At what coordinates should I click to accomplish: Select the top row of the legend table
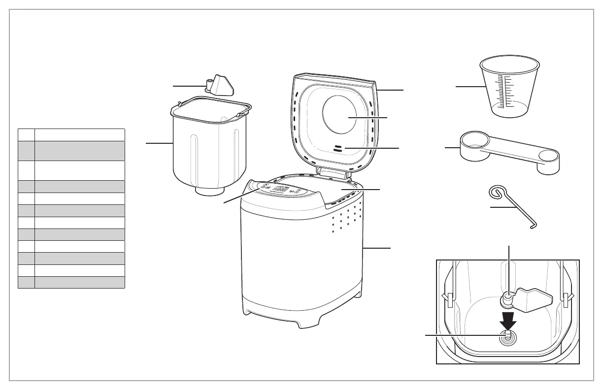click(x=71, y=135)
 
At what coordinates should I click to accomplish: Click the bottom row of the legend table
click(x=71, y=282)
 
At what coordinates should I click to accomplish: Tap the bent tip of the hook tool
click(x=535, y=226)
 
